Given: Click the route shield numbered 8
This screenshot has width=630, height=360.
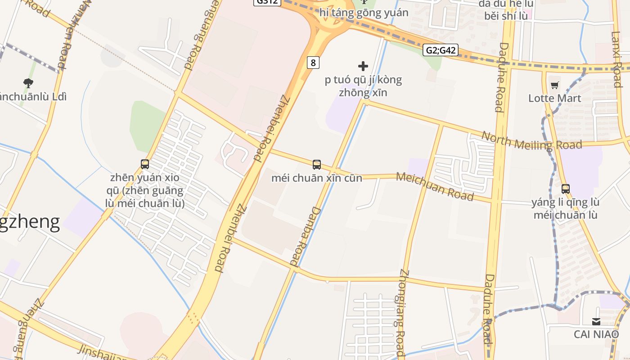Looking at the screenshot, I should click(x=313, y=63).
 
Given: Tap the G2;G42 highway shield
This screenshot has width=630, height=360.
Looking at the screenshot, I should click(x=441, y=50).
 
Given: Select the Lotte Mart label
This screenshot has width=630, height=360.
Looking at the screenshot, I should click(x=554, y=98).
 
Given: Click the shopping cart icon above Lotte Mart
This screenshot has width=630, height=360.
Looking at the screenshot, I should click(x=555, y=85).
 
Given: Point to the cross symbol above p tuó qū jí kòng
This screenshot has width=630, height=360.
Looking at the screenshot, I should click(x=363, y=67).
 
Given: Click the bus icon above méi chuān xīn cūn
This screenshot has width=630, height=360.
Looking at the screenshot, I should click(x=317, y=165).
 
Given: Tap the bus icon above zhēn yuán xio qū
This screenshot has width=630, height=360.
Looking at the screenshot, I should click(x=145, y=164).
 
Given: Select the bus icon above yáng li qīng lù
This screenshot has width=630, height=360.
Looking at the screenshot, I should click(x=566, y=189).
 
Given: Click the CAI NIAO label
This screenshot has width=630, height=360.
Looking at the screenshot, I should click(x=596, y=334).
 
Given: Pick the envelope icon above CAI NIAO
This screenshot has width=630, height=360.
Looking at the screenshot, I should click(x=596, y=321).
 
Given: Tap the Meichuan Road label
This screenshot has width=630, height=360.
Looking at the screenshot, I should click(x=435, y=186).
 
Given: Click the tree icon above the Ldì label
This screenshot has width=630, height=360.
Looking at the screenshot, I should click(x=28, y=83).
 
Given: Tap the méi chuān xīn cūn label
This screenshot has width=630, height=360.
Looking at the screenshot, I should click(x=316, y=178).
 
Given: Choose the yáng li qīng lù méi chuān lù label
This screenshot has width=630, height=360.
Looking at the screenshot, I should click(x=565, y=208).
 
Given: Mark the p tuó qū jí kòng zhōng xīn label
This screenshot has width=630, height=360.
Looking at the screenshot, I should click(x=363, y=86).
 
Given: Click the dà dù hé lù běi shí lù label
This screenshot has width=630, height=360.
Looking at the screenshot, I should click(x=506, y=10).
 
